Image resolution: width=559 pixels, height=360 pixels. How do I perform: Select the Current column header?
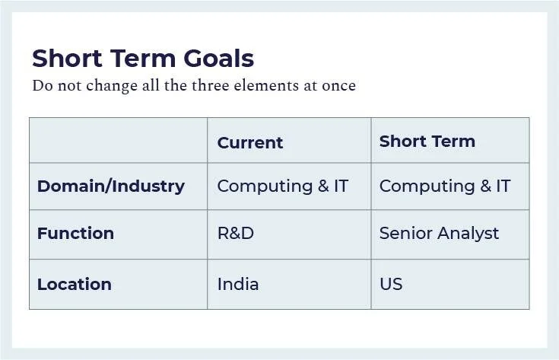point(249,142)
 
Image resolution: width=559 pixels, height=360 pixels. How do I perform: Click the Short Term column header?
point(427,141)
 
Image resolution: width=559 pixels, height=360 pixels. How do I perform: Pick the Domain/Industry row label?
point(110,186)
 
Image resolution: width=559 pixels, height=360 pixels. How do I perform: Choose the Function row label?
point(75,233)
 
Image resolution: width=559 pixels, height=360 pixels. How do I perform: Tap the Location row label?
point(74,284)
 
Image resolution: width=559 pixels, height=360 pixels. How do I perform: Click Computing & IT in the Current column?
point(282,186)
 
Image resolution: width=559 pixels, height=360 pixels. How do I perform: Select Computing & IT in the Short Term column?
point(444,186)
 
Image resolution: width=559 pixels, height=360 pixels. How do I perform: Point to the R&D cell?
point(235,233)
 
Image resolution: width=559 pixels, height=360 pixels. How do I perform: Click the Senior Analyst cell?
point(439,233)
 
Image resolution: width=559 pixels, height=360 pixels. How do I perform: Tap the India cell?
point(237,284)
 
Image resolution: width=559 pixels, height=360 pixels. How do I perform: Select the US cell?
point(391,284)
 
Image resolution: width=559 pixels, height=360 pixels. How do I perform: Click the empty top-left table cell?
point(118,140)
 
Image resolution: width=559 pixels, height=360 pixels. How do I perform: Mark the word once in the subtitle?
point(338,85)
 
